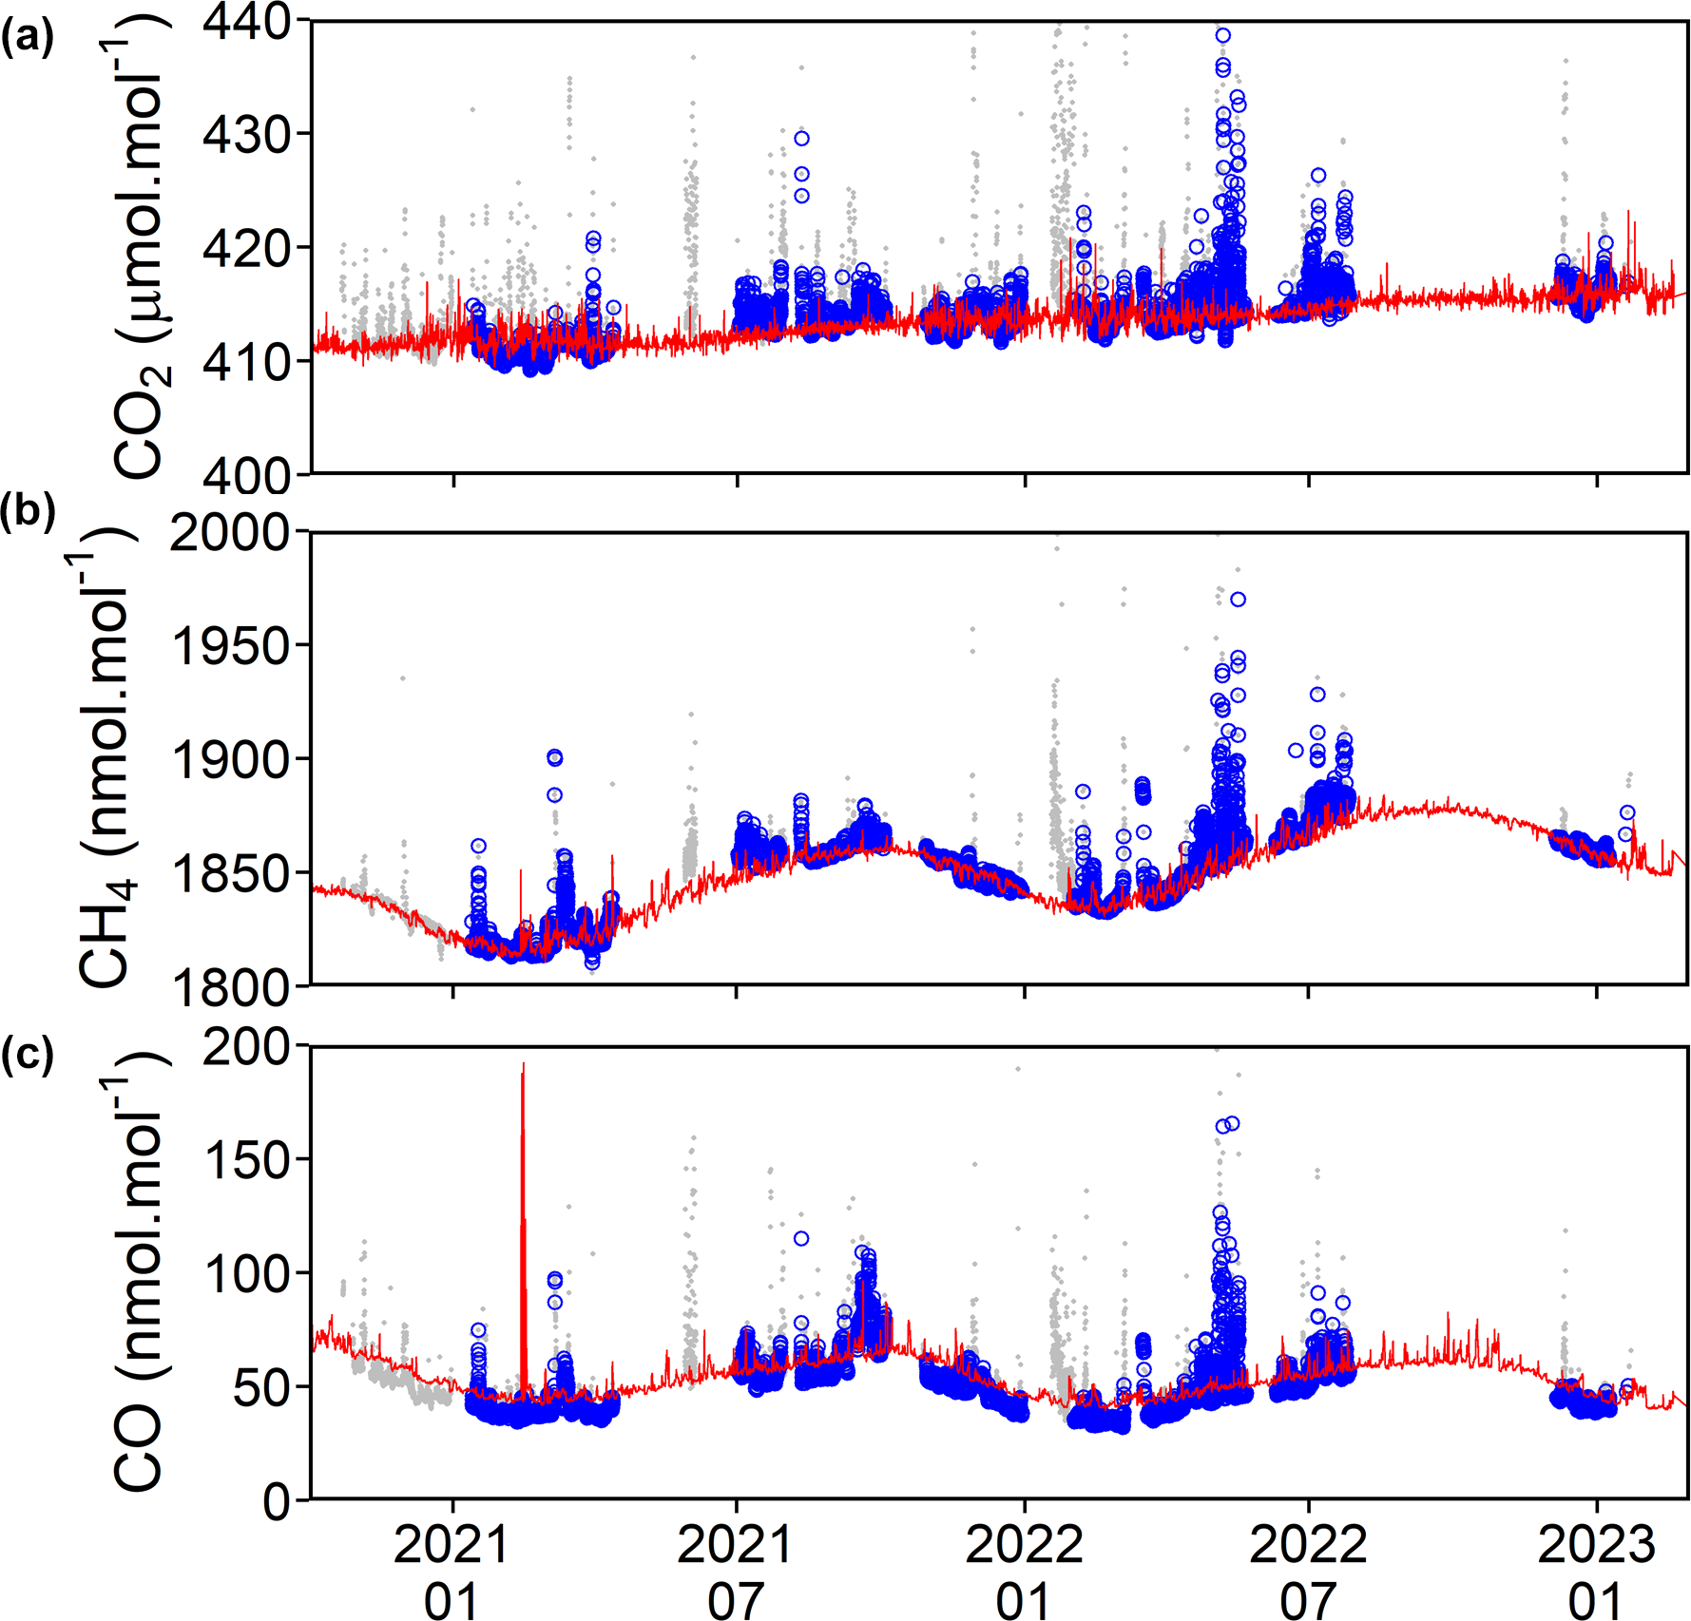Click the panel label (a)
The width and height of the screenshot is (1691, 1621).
click(28, 39)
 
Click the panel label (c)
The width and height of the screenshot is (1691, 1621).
click(28, 1054)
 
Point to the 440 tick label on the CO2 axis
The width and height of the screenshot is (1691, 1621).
click(247, 21)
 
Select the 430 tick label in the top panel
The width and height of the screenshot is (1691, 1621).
click(247, 135)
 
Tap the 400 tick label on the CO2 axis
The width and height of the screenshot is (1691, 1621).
click(247, 475)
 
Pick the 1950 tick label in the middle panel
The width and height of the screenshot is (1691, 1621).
click(230, 647)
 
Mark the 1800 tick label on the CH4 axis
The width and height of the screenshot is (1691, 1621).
click(230, 988)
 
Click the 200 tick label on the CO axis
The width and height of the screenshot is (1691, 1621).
click(247, 1047)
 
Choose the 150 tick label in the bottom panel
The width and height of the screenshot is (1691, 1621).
click(247, 1160)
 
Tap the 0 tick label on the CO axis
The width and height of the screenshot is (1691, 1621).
click(277, 1502)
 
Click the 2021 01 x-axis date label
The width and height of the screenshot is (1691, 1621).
click(452, 1572)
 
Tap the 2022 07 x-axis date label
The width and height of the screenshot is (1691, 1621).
click(1308, 1572)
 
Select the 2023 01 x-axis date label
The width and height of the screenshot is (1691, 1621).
click(1596, 1572)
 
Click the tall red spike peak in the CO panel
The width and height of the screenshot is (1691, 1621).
click(523, 1066)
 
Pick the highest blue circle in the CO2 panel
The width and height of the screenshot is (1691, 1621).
click(1223, 36)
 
